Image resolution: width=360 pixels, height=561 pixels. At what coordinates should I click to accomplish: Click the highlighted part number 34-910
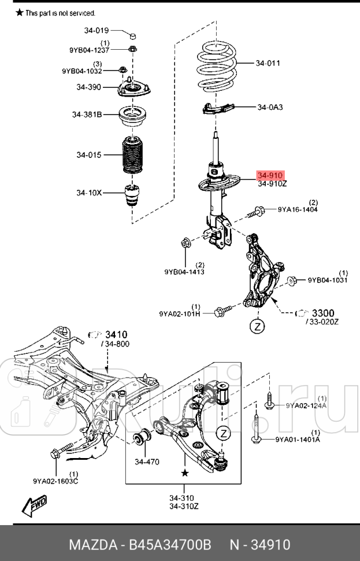coord(270,175)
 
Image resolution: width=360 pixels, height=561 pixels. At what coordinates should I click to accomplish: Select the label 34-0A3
coord(270,107)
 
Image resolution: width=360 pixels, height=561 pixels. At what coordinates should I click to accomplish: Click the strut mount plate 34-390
coord(134,89)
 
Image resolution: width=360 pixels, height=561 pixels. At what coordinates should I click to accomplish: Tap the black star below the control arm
coord(185,473)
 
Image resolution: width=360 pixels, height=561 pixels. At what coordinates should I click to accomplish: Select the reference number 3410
coord(116,334)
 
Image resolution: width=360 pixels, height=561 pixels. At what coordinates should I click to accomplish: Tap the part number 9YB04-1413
coord(184,271)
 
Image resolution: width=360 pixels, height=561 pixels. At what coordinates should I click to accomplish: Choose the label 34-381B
coord(87,115)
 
